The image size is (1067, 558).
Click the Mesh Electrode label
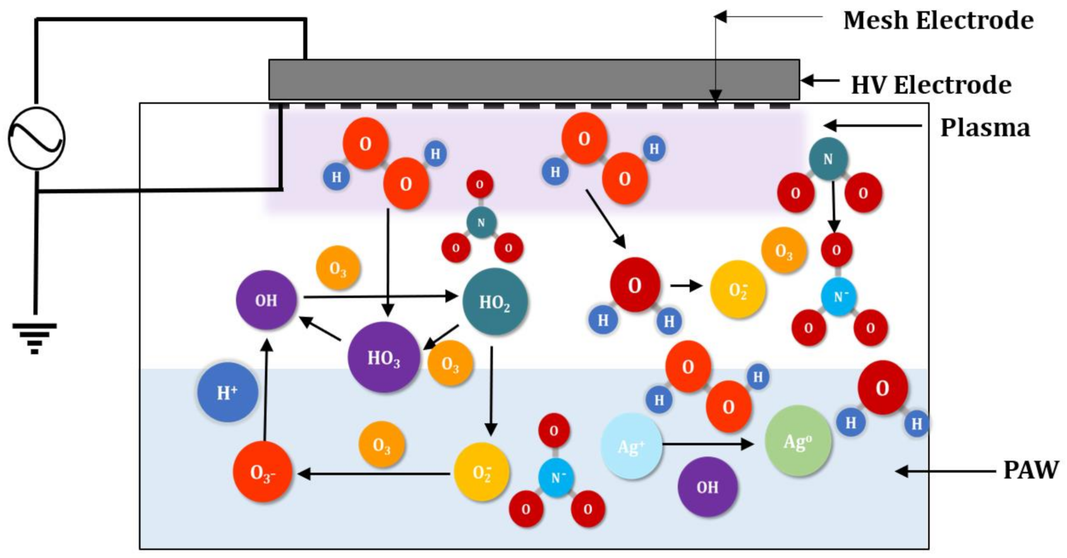[x=938, y=21]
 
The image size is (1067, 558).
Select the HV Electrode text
[x=931, y=85]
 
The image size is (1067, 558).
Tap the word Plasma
[x=984, y=128]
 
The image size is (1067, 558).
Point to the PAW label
[x=1030, y=470]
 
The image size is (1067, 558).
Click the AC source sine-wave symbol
[x=36, y=138]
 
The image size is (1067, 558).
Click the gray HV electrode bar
[x=534, y=80]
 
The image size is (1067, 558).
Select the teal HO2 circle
[x=495, y=302]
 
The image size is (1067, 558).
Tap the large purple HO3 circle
[x=383, y=358]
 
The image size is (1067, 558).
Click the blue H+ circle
[x=227, y=392]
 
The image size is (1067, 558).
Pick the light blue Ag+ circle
[x=631, y=446]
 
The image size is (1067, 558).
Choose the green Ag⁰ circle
[x=797, y=441]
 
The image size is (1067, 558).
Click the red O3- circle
[x=262, y=473]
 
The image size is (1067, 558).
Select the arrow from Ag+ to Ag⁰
[x=708, y=444]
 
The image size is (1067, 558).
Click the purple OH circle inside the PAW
[x=707, y=487]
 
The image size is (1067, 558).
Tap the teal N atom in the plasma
[x=828, y=159]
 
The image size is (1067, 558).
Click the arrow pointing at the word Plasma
[x=872, y=126]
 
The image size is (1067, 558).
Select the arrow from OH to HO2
[x=379, y=296]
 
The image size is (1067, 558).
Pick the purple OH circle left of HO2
[x=266, y=300]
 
